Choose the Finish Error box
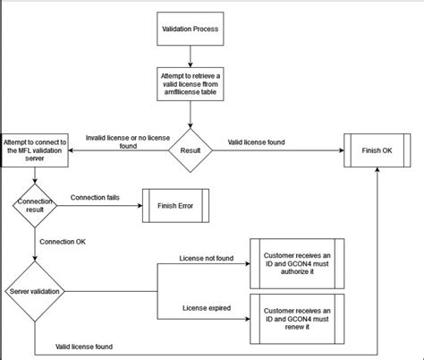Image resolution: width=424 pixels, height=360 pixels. (x=178, y=205)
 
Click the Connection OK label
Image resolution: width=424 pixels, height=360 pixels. (x=64, y=241)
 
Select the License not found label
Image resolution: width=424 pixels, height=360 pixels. (x=207, y=259)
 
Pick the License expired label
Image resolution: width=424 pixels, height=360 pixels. (x=207, y=308)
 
